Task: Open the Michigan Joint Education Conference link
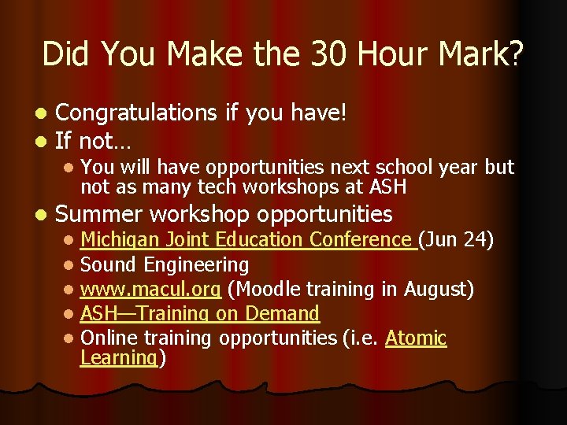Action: (248, 239)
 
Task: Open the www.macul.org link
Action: (150, 289)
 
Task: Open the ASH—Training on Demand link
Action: (200, 313)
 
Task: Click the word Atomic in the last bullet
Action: (415, 338)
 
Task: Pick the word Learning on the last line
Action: (119, 358)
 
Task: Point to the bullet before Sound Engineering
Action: (70, 265)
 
